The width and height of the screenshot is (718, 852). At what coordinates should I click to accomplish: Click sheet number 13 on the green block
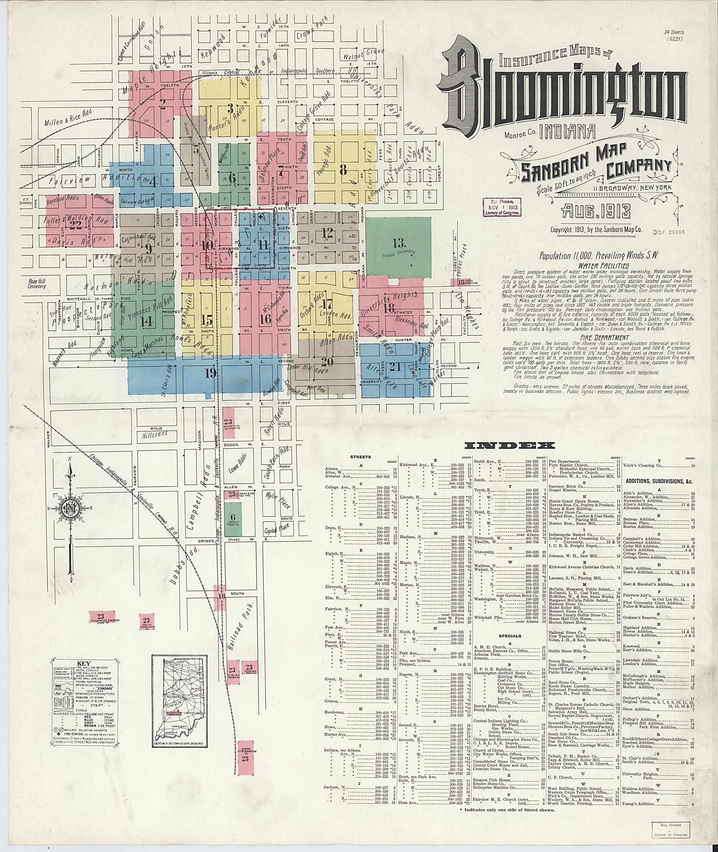(x=399, y=243)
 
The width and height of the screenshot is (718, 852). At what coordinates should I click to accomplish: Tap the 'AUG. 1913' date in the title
(x=596, y=211)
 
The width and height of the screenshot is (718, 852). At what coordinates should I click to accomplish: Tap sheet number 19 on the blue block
(x=210, y=372)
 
